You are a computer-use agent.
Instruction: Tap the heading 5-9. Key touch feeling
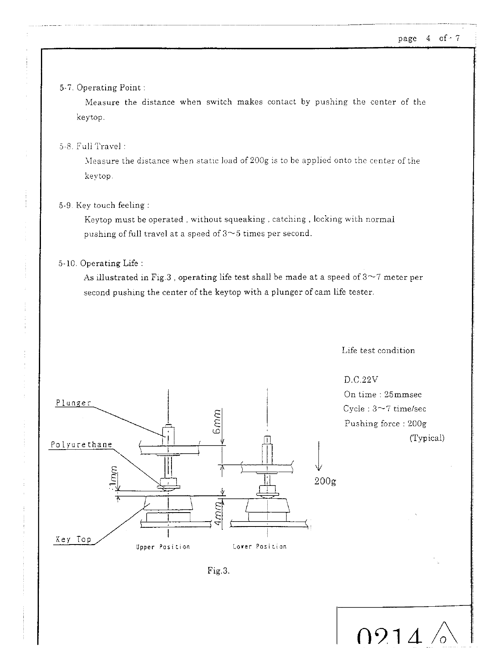tap(104, 205)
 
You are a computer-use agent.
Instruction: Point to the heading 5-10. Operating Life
tap(101, 263)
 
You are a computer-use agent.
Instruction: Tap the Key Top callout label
tap(73, 539)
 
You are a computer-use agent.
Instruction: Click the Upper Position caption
tap(163, 547)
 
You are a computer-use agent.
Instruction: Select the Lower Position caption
tap(260, 547)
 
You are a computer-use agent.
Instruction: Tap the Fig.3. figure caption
tap(219, 571)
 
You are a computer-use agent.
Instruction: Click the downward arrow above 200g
tap(319, 456)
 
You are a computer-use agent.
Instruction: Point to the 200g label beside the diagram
tap(325, 481)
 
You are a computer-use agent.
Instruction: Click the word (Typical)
tap(427, 438)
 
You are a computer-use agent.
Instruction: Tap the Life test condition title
tap(378, 351)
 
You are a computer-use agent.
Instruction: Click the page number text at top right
tap(429, 38)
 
